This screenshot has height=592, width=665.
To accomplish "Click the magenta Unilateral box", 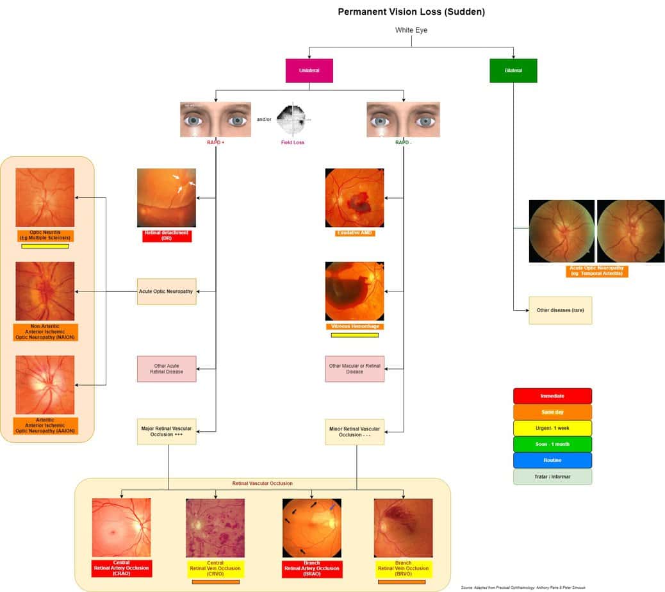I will [309, 70].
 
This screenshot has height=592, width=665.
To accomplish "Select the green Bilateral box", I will [513, 70].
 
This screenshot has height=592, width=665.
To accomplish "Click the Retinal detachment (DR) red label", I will [167, 235].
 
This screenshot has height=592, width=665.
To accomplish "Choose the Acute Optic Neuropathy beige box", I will [167, 292].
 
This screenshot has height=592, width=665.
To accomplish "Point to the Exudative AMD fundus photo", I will [354, 198].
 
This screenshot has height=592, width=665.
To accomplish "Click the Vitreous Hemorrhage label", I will [354, 326].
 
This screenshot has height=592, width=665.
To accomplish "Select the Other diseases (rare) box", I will [560, 310].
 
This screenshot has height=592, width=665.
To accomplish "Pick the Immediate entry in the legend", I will [552, 396].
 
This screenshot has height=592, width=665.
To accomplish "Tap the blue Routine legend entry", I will [552, 460].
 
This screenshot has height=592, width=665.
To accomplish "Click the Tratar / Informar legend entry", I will [552, 477].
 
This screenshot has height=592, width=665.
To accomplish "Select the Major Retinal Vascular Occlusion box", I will [167, 431].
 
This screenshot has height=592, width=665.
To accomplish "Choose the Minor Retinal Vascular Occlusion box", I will [354, 431].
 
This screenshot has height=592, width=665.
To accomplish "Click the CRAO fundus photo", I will [122, 527].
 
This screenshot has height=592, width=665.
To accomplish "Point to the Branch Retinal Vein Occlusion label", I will [403, 568].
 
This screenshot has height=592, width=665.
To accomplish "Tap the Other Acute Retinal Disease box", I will [167, 368].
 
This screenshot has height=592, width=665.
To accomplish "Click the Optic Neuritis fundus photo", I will [45, 197].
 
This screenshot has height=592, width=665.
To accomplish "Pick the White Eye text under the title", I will [411, 30].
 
